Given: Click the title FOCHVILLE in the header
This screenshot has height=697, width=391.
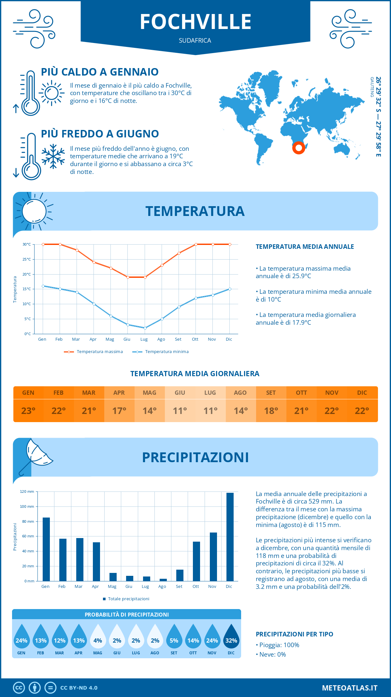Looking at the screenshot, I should point(195,22).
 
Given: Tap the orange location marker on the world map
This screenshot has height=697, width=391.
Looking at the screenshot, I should point(298,148).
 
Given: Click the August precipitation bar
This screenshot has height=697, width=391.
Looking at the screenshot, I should point(163,580).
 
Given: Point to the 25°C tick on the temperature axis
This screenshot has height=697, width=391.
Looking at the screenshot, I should point(27,259).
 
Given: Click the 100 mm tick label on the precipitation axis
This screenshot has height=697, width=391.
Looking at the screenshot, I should point(27,506).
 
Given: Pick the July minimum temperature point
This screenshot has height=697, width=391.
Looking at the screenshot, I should point(145,328).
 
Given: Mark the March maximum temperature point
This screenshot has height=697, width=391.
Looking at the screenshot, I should point(77,250).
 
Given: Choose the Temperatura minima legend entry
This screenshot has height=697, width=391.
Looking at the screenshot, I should point(160,352).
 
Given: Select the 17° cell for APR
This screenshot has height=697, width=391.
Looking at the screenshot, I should point(119,411).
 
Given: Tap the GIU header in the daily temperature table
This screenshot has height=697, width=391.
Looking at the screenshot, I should point(180,392).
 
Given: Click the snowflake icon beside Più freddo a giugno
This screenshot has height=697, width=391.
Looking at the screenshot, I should point(53,156).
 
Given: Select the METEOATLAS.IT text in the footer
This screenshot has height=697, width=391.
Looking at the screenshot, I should point(349,688).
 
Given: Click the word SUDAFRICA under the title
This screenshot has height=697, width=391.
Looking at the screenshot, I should point(195,40).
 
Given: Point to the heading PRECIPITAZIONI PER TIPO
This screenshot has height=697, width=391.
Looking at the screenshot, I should point(294,634).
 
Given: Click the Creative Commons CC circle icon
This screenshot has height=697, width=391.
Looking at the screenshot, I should point(19,688).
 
